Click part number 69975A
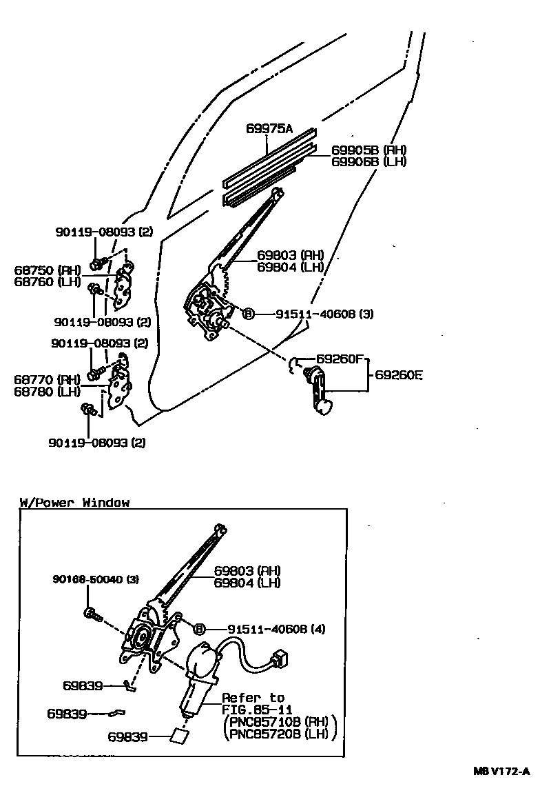tap(269, 129)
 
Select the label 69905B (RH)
tap(368, 150)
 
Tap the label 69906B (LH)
tap(368, 162)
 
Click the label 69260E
tap(399, 375)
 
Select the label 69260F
tap(340, 359)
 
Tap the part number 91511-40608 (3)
tap(324, 314)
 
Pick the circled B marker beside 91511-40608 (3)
tap(248, 314)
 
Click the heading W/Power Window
tap(74, 503)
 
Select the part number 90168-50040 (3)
tap(96, 580)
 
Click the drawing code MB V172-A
tap(501, 772)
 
